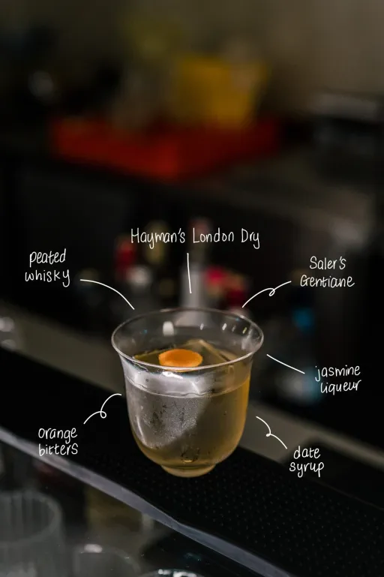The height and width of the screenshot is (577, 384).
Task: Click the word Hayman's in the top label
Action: pyautogui.click(x=157, y=236)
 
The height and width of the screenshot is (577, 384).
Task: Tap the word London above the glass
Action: pyautogui.click(x=213, y=236)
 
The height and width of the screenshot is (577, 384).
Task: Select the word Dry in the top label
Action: pyautogui.click(x=250, y=238)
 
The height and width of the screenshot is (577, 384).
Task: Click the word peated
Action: pyautogui.click(x=47, y=257)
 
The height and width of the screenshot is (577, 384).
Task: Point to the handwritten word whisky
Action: pyautogui.click(x=47, y=276)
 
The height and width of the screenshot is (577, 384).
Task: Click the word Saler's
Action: pyautogui.click(x=327, y=263)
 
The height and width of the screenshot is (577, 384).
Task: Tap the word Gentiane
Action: pyautogui.click(x=327, y=281)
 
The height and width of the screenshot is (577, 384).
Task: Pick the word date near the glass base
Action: pyautogui.click(x=307, y=452)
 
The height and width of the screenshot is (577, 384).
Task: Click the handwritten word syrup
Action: pyautogui.click(x=307, y=468)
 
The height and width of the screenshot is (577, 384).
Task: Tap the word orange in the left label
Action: pyautogui.click(x=58, y=434)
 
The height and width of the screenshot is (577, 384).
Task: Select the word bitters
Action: pyautogui.click(x=58, y=449)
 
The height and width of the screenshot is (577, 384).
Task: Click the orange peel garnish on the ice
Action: pyautogui.click(x=181, y=358)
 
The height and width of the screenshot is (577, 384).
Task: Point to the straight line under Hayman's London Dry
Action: pyautogui.click(x=189, y=272)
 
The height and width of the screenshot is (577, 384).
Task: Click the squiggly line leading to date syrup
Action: pyautogui.click(x=271, y=434)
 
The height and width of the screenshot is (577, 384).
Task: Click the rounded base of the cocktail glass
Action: pyautogui.click(x=189, y=468)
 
